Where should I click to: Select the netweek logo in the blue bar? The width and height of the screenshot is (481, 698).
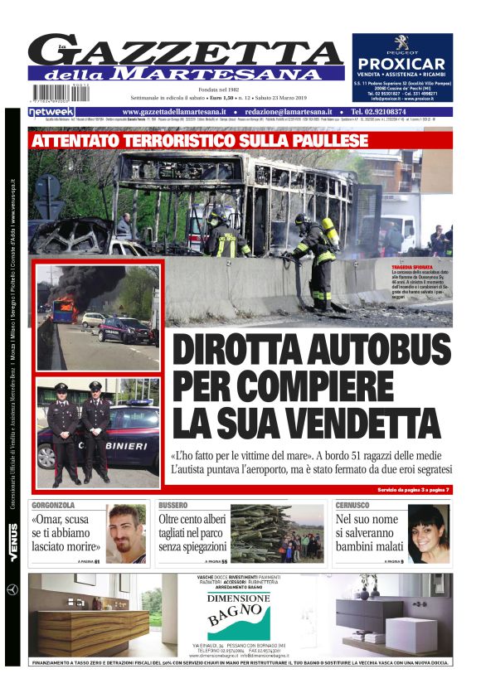coord(52,112)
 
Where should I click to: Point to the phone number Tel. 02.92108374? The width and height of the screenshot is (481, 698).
coord(390,112)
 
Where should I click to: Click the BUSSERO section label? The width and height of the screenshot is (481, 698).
coord(173,505)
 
